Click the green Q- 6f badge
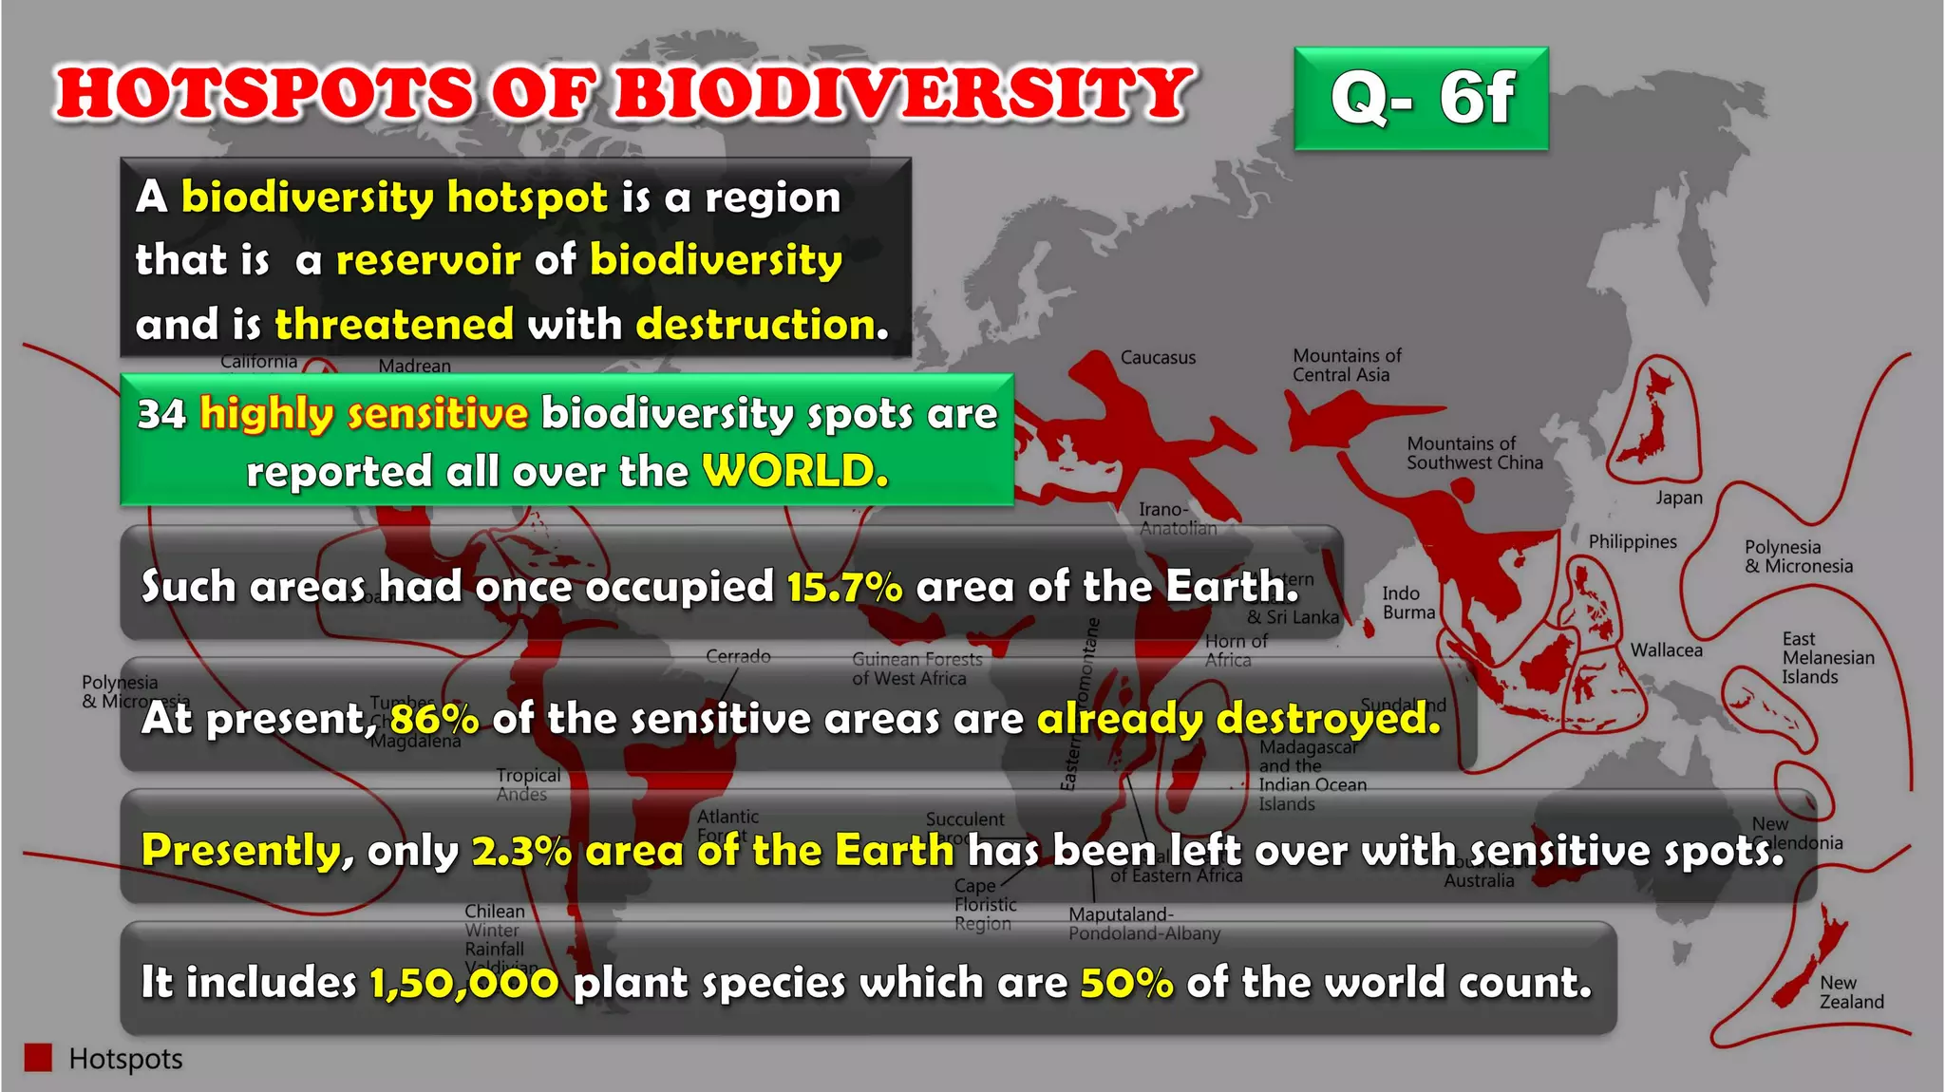[x=1421, y=98]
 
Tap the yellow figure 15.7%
[x=844, y=587]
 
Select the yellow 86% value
[x=434, y=719]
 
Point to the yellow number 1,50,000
[x=463, y=983]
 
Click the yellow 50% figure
[x=1126, y=983]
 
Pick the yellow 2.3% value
[x=521, y=851]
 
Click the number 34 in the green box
[x=161, y=414]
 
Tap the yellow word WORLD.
[x=795, y=471]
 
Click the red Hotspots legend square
[x=38, y=1058]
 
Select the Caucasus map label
[x=1158, y=358]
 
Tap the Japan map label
[x=1678, y=498]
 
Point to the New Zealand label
[x=1850, y=992]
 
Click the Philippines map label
[x=1633, y=541]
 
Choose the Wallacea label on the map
[x=1666, y=650]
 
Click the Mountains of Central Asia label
[x=1346, y=366]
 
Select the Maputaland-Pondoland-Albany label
[x=1143, y=924]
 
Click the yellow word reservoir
[x=428, y=260]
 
